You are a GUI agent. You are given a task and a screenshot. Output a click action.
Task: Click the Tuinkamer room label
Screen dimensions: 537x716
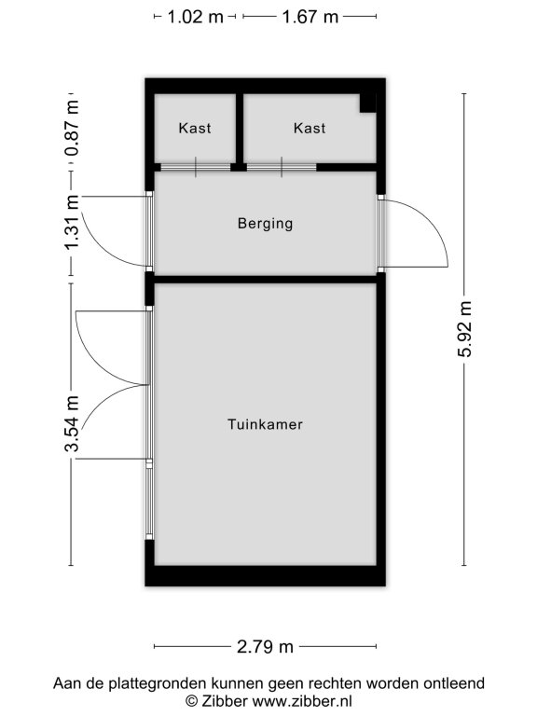pos(265,424)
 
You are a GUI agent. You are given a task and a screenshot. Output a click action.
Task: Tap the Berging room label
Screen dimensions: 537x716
pos(265,224)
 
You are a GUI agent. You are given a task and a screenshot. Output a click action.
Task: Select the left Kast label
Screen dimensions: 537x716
pos(195,128)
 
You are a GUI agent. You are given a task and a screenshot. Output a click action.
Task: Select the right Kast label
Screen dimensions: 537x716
pos(310,128)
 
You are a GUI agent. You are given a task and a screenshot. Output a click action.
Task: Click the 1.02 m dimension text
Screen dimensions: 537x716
pos(196,17)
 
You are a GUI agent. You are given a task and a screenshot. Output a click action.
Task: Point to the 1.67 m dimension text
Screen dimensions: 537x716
pos(310,17)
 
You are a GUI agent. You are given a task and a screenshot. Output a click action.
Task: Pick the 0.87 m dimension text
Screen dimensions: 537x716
pos(72,129)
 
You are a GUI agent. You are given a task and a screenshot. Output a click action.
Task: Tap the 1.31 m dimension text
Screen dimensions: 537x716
pos(72,223)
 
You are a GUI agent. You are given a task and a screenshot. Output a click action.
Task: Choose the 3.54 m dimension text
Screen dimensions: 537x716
pos(72,424)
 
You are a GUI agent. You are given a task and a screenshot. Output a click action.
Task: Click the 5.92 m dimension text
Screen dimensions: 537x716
pos(464,329)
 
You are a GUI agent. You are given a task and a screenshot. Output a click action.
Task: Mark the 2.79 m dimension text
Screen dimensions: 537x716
pos(265,647)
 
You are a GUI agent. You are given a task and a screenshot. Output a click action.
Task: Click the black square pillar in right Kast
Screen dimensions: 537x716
pos(367,103)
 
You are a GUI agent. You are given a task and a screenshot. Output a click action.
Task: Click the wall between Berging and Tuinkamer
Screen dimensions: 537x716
pos(265,279)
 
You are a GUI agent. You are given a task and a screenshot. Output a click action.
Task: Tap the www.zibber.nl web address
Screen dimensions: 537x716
pos(302,701)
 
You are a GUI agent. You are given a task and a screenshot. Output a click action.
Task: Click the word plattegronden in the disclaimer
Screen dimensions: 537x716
pos(158,684)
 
